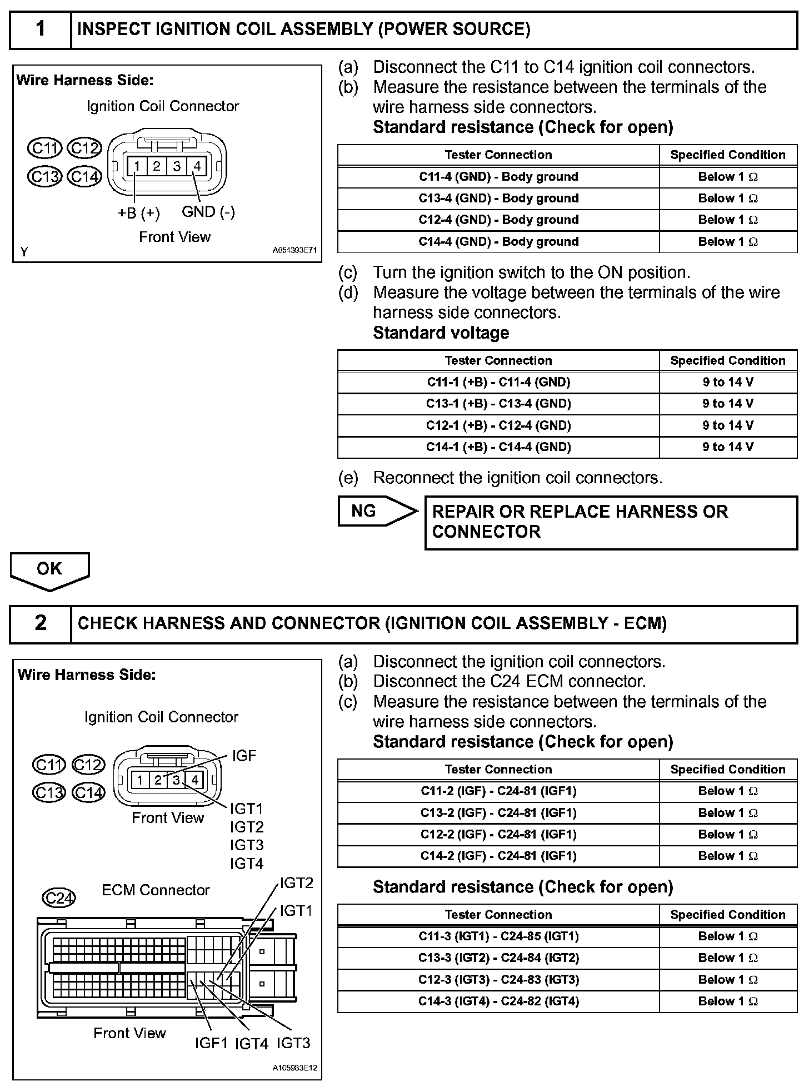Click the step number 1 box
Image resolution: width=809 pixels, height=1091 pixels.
pos(41,29)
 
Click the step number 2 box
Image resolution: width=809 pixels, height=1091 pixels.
pos(41,623)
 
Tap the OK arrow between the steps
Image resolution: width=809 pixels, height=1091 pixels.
pos(49,570)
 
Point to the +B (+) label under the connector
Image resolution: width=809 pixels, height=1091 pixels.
pos(138,214)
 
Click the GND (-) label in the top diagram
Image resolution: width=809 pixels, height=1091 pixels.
pos(208,212)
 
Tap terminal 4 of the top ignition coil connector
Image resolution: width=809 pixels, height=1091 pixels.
pos(197,166)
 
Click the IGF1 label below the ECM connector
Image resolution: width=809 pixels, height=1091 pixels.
pos(211,1043)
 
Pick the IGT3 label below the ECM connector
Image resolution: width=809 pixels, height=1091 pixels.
pos(293,1043)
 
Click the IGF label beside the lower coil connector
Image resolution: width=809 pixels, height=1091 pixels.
pos(244,756)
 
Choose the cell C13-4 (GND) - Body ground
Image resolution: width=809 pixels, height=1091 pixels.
pos(498,199)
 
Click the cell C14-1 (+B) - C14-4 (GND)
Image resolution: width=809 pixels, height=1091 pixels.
pos(498,447)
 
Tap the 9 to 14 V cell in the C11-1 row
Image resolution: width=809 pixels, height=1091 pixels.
pos(728,382)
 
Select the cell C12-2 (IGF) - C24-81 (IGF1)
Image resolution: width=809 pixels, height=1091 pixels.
pos(498,835)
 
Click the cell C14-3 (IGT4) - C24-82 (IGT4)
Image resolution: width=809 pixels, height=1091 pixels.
pos(498,1001)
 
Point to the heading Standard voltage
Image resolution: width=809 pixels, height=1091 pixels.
pos(441,333)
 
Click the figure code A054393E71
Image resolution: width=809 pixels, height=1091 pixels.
pos(294,251)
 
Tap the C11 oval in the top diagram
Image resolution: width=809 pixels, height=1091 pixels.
pos(45,148)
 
